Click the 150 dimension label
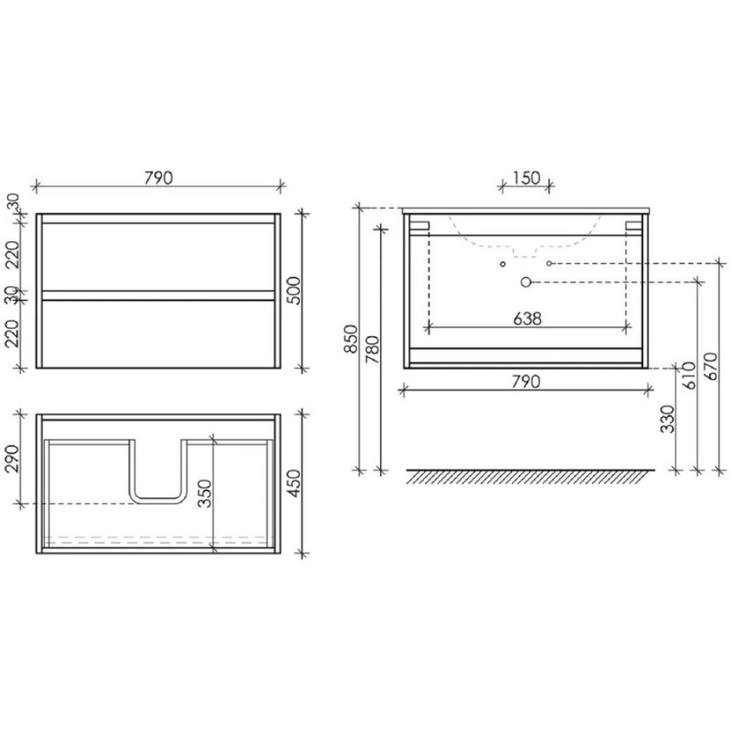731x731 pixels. pyautogui.click(x=526, y=177)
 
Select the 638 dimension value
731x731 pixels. pyautogui.click(x=527, y=319)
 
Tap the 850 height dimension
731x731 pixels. pyautogui.click(x=351, y=339)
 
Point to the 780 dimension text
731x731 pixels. pyautogui.click(x=373, y=350)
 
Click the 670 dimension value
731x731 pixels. pyautogui.click(x=712, y=366)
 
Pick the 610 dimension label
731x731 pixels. pyautogui.click(x=689, y=376)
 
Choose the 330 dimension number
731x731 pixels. pyautogui.click(x=668, y=419)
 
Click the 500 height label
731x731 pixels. pyautogui.click(x=294, y=291)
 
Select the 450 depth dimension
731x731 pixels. pyautogui.click(x=294, y=483)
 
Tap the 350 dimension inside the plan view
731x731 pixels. pyautogui.click(x=205, y=493)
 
